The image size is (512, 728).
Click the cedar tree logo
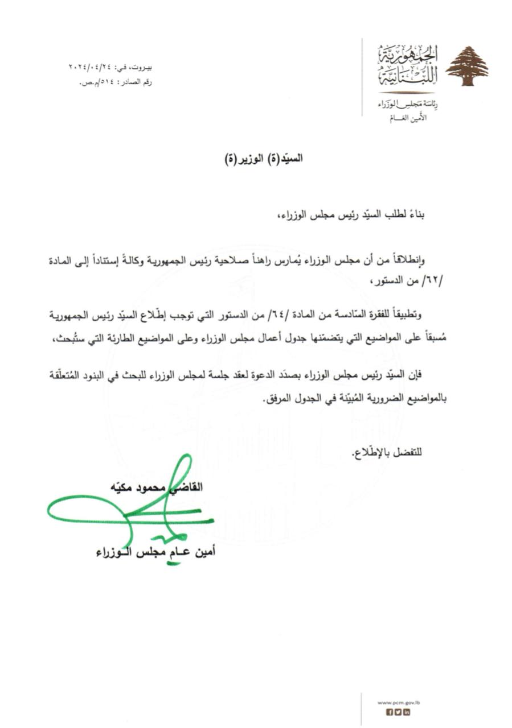(x=466, y=66)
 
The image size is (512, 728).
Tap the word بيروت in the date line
(x=141, y=67)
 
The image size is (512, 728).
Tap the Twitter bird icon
(x=398, y=712)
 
